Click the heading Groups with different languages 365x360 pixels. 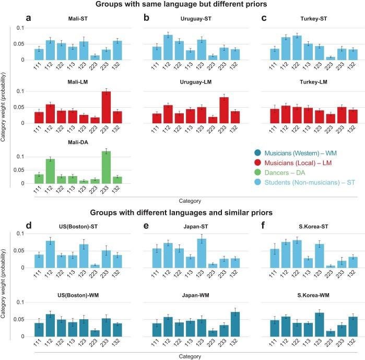coord(182,213)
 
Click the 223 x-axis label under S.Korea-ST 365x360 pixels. coord(315,276)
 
